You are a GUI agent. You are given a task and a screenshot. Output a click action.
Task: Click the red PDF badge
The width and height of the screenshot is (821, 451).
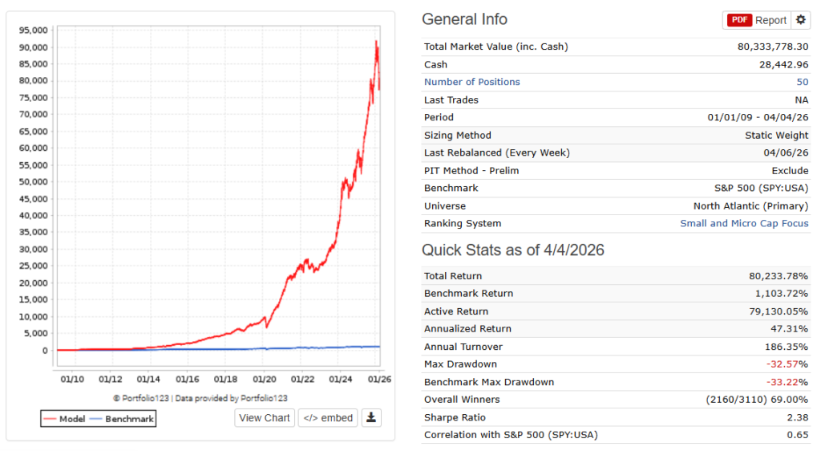[x=738, y=20]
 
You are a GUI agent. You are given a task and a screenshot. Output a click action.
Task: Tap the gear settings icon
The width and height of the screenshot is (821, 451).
[x=801, y=20]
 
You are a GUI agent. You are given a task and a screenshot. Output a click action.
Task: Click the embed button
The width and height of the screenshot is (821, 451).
[x=328, y=417]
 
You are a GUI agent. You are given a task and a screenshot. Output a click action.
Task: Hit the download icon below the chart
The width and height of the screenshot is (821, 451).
[x=371, y=417]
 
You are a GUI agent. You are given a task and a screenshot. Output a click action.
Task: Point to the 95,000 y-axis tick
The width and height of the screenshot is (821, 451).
[x=34, y=30]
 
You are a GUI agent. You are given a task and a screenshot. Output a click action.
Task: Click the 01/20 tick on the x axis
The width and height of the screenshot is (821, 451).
[x=264, y=379]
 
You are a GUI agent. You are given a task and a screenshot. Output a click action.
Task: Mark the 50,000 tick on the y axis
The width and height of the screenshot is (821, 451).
[x=34, y=182]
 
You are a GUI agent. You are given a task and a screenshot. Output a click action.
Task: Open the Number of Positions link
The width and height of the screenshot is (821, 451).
[x=471, y=82]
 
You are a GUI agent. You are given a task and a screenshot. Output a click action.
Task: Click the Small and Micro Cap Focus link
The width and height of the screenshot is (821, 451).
[x=744, y=223]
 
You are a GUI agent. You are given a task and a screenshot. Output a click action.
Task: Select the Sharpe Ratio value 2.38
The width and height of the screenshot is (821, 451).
[x=795, y=417]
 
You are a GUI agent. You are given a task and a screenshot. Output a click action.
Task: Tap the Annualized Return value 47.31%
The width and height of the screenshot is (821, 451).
[x=789, y=329]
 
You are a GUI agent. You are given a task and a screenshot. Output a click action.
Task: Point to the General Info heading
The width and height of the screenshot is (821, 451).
[x=464, y=20]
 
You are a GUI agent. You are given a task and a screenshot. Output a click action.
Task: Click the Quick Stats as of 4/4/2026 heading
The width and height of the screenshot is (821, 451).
[x=513, y=250]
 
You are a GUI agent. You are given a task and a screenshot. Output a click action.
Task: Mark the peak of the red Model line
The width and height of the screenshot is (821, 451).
[x=376, y=41]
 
